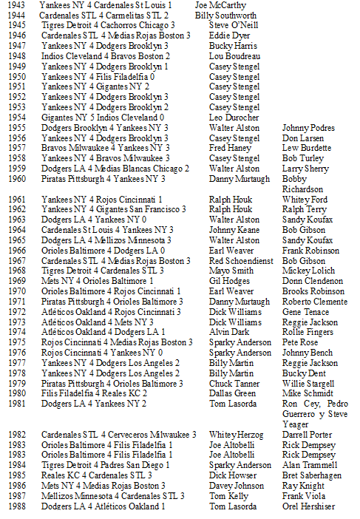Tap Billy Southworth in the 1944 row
pyautogui.click(x=226, y=15)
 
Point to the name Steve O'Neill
pyautogui.click(x=233, y=25)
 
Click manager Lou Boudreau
pyautogui.click(x=234, y=56)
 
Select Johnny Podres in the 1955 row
pyautogui.click(x=308, y=128)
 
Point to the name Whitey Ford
pyautogui.click(x=305, y=200)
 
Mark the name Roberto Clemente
pyautogui.click(x=313, y=302)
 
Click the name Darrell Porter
pyautogui.click(x=307, y=435)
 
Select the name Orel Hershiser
pyautogui.click(x=309, y=506)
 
